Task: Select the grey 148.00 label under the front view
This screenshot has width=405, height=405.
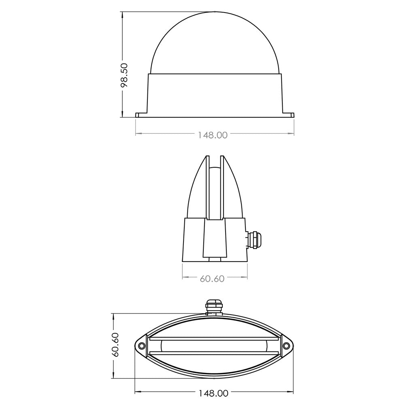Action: pyautogui.click(x=213, y=135)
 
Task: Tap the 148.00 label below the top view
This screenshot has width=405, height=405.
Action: pyautogui.click(x=213, y=393)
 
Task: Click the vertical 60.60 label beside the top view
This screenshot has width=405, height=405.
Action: pyautogui.click(x=116, y=345)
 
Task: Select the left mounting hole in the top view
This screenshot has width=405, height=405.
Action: pyautogui.click(x=141, y=346)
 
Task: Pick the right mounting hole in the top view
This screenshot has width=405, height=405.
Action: pyautogui.click(x=286, y=346)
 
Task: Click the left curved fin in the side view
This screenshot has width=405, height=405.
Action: pyautogui.click(x=197, y=190)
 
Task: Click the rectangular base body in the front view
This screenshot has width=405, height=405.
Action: pyautogui.click(x=215, y=94)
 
